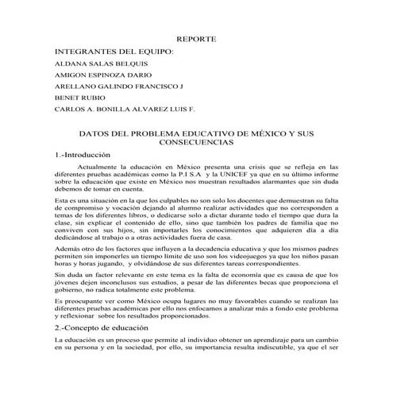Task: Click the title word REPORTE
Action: click(196, 38)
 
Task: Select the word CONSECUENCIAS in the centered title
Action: click(196, 145)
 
